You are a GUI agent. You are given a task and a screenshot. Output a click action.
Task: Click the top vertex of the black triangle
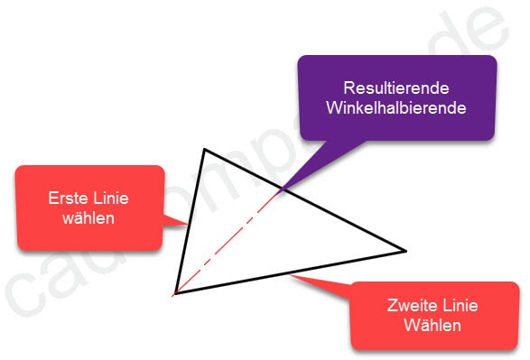point(206,149)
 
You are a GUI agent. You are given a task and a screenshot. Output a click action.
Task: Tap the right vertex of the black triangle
point(405,250)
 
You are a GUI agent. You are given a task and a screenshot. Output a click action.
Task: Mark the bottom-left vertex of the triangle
point(174,293)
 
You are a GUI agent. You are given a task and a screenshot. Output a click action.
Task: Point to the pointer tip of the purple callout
point(281,190)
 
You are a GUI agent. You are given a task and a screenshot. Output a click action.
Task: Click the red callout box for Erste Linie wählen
point(89,208)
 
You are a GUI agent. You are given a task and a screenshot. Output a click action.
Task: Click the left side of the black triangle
point(190,221)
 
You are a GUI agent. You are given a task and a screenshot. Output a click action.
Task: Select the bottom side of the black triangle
point(289,272)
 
